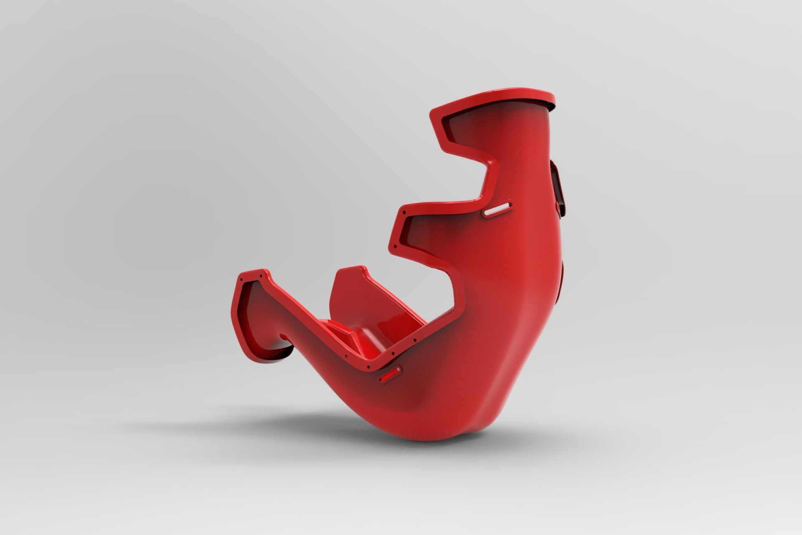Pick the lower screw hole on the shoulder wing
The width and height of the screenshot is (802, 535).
click(392, 244)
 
